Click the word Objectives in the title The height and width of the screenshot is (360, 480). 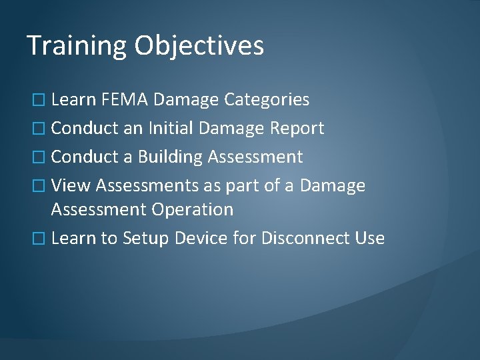[x=199, y=46]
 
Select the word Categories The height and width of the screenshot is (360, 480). [x=267, y=100]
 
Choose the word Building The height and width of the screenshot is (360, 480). [x=170, y=157]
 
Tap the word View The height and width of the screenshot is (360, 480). [x=71, y=185]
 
